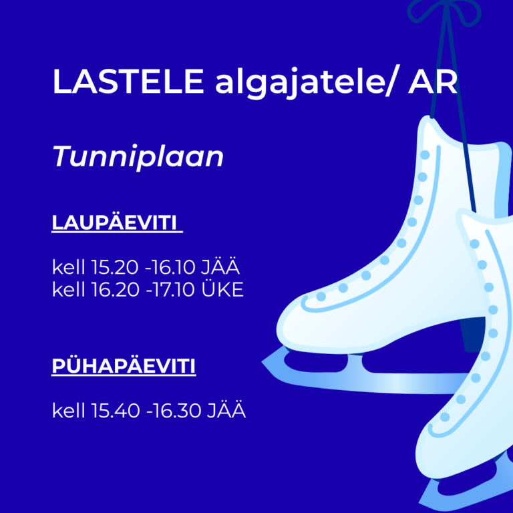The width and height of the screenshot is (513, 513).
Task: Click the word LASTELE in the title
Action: point(128,81)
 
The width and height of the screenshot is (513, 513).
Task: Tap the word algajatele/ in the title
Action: point(305,82)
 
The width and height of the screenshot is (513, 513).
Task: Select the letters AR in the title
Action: point(433,81)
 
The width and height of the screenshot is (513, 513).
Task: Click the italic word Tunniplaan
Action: point(138,156)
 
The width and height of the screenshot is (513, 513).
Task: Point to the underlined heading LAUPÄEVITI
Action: point(114,223)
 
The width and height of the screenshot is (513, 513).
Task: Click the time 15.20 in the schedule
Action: point(114,267)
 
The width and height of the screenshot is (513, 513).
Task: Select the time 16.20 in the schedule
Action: point(115,289)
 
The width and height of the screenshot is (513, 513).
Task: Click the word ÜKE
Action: point(222,289)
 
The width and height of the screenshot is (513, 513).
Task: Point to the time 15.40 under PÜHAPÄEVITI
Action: point(115,410)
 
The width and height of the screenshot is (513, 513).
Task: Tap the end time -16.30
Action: point(174,410)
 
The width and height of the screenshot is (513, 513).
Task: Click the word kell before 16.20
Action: point(68,289)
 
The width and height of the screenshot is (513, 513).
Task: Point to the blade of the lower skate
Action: point(465,491)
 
